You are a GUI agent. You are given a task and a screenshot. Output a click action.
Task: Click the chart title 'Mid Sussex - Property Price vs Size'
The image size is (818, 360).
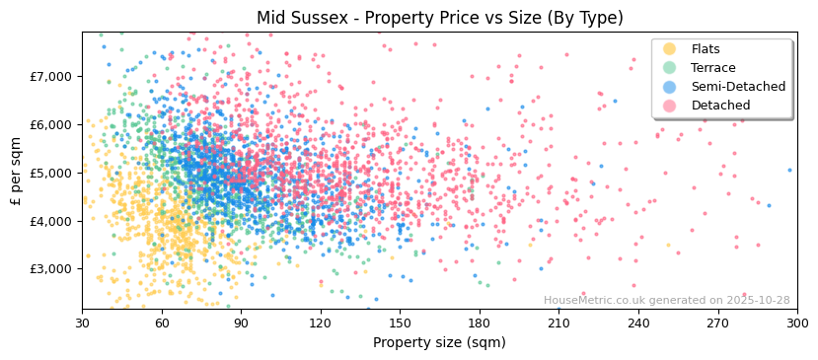[439, 18]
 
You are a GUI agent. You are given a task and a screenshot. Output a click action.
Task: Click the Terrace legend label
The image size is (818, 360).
[714, 68]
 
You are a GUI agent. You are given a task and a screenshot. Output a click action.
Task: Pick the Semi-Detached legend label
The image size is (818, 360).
[738, 87]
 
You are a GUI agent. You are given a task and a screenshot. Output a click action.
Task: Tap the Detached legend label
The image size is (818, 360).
[720, 106]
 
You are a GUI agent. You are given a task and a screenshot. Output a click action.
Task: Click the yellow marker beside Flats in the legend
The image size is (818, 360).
[670, 49]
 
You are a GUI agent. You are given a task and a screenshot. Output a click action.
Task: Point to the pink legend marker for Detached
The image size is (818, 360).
[670, 106]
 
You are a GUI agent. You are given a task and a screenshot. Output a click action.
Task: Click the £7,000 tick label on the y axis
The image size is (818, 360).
[51, 77]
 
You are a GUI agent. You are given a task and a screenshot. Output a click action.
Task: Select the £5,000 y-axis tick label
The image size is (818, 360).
[51, 173]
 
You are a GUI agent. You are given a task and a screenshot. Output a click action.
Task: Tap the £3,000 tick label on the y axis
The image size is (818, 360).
[51, 269]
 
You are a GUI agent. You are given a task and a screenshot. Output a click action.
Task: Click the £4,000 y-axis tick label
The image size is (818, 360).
[51, 221]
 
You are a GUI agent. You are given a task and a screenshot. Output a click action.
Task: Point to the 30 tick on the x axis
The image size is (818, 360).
[82, 323]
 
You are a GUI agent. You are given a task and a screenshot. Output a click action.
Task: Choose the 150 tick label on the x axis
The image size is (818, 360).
[400, 323]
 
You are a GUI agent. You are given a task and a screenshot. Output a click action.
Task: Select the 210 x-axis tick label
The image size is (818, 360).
[558, 323]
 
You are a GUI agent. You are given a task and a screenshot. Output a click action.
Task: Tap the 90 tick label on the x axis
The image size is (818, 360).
[241, 323]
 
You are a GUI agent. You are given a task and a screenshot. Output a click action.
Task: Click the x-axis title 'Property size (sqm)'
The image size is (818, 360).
[439, 342]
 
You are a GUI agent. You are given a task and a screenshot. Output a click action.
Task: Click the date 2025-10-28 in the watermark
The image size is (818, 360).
[758, 301]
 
